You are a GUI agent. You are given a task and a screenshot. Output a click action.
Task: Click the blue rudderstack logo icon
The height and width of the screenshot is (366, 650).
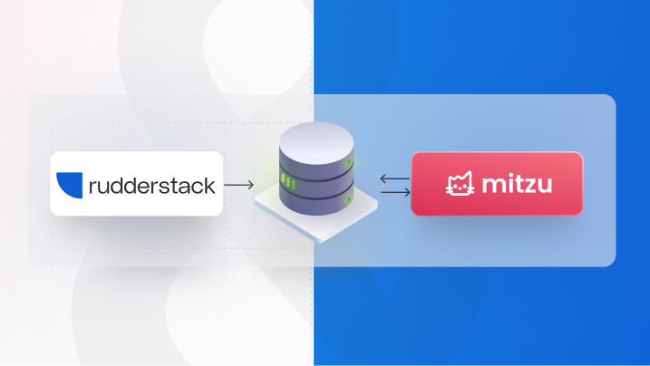click(x=69, y=184)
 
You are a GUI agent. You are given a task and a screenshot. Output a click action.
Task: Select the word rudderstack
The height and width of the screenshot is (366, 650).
click(x=151, y=186)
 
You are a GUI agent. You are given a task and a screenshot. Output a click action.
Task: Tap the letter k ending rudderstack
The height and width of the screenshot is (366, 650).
click(x=209, y=186)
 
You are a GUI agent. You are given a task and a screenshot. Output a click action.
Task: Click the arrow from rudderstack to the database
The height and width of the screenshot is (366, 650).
click(x=238, y=186)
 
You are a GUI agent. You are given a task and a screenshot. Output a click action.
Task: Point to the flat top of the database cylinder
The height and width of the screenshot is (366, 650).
click(x=314, y=140)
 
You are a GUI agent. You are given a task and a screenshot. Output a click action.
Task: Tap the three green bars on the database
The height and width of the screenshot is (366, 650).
click(x=287, y=181)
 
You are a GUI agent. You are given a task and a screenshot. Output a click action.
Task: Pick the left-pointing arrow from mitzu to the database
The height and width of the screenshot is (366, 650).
click(x=393, y=178)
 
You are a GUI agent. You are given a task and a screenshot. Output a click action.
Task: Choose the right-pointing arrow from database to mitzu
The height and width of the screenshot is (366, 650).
click(x=393, y=192)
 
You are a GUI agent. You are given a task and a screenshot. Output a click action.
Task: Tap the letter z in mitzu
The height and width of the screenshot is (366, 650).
click(x=531, y=187)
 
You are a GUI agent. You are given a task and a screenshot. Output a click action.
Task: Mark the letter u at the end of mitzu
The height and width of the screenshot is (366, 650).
click(x=547, y=187)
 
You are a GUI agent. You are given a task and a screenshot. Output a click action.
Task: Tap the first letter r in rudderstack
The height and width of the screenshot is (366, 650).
click(x=93, y=188)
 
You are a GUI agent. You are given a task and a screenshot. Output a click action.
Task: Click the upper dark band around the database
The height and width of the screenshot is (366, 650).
click(x=314, y=168)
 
